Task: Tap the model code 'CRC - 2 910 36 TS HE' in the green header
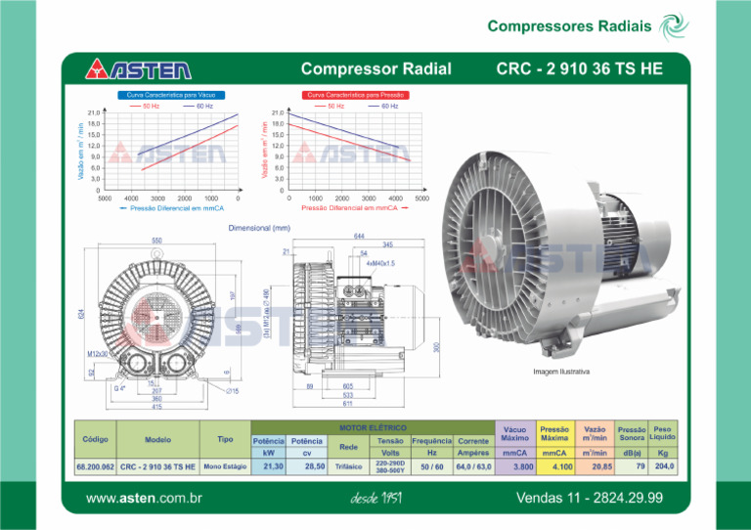(x=579, y=68)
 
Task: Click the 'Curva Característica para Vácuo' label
(x=172, y=95)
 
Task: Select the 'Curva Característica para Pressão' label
(x=357, y=95)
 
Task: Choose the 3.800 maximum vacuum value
(x=515, y=467)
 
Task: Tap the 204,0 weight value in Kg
(x=665, y=466)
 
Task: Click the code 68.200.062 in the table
(x=95, y=467)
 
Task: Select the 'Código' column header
(x=95, y=439)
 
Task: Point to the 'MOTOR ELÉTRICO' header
(x=373, y=427)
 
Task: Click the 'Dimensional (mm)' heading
(x=259, y=227)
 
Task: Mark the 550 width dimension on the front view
(x=156, y=241)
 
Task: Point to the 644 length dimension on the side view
(x=360, y=237)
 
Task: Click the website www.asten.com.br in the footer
(x=144, y=499)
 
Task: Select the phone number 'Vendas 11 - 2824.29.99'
(x=590, y=499)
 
